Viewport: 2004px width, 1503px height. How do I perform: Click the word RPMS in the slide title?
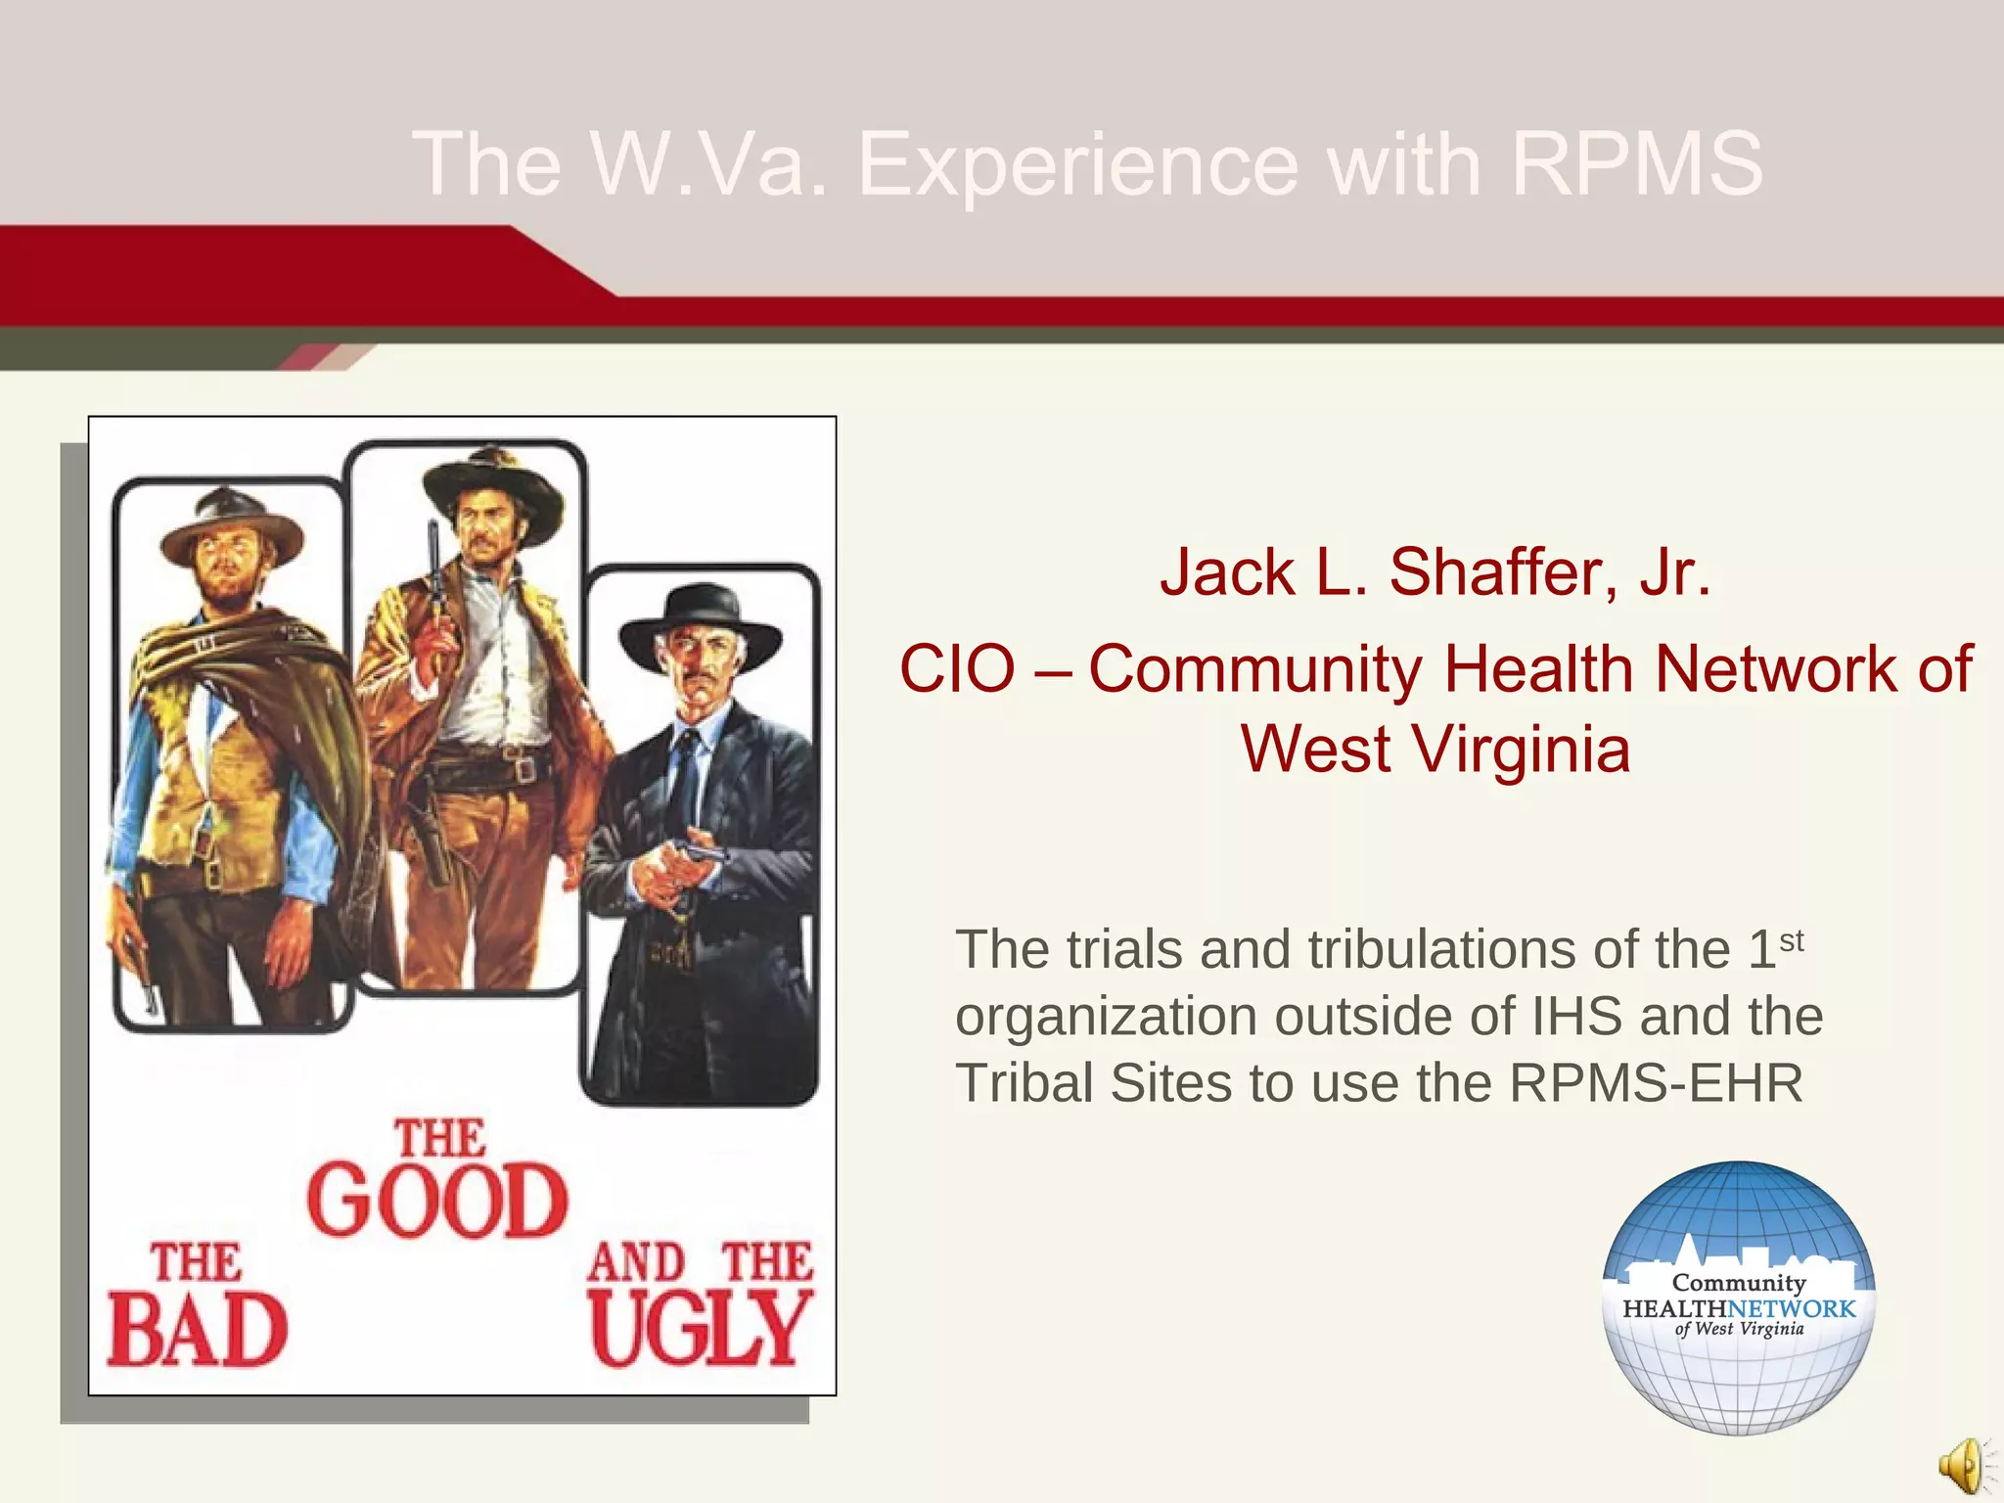[x=1636, y=163]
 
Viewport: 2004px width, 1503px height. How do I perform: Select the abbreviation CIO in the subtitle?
[x=957, y=669]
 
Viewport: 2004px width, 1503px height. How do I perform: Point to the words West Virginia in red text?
[x=1435, y=750]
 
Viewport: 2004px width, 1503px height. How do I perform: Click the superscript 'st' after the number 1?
[x=1792, y=940]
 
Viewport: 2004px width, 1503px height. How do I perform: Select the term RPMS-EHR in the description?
[x=1656, y=1082]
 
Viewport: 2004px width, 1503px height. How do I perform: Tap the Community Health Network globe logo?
[x=1739, y=1298]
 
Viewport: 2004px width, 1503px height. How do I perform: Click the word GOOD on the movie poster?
[x=437, y=1201]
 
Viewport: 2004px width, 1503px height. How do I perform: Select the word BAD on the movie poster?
[x=197, y=1330]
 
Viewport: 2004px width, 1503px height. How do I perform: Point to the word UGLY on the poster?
[x=701, y=1330]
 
